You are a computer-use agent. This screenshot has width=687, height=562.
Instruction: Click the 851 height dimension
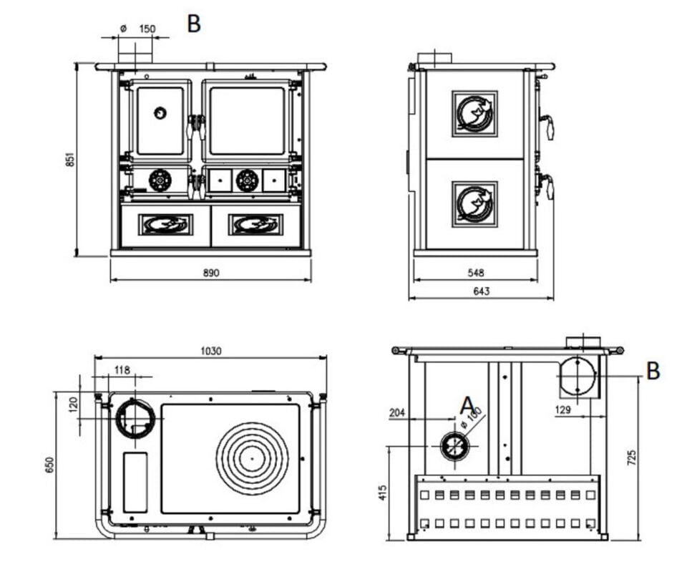pyautogui.click(x=69, y=159)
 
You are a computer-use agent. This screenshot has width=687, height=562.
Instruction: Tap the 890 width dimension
pyautogui.click(x=210, y=273)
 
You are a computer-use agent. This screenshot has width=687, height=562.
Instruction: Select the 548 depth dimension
pyautogui.click(x=475, y=273)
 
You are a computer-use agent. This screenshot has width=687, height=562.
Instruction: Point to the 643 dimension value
pyautogui.click(x=481, y=291)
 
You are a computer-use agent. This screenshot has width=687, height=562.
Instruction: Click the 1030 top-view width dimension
pyautogui.click(x=211, y=351)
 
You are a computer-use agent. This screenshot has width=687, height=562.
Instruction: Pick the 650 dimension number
pyautogui.click(x=49, y=465)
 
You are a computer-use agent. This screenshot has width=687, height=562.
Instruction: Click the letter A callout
pyautogui.click(x=467, y=405)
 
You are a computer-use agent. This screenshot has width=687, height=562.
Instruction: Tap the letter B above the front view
pyautogui.click(x=194, y=24)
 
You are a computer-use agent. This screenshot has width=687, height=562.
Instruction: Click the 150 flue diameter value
pyautogui.click(x=147, y=29)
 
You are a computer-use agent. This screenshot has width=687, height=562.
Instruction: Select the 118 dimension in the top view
pyautogui.click(x=122, y=370)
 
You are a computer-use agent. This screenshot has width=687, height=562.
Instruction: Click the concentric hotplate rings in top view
pyautogui.click(x=252, y=458)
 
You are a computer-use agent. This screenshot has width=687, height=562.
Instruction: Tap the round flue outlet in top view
pyautogui.click(x=135, y=419)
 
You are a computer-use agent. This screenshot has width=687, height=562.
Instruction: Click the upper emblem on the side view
pyautogui.click(x=474, y=114)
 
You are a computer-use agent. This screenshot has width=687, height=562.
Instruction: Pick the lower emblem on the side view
pyautogui.click(x=474, y=204)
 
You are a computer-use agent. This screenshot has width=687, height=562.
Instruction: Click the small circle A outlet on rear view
pyautogui.click(x=454, y=446)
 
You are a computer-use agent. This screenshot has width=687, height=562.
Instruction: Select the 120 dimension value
pyautogui.click(x=72, y=404)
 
